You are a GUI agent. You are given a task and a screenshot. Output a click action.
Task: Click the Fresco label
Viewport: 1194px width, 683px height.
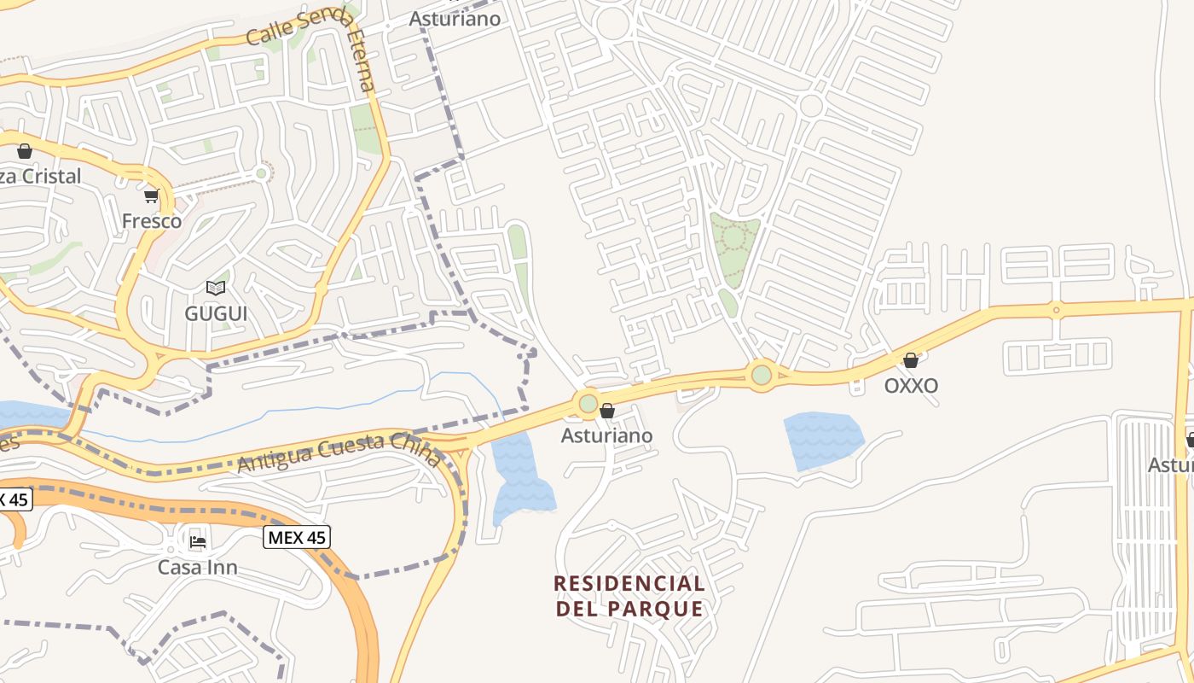point(152,221)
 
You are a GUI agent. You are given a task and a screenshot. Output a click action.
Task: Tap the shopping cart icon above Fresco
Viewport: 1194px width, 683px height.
point(152,197)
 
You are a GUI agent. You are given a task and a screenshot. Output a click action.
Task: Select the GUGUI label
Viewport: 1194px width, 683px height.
point(216,313)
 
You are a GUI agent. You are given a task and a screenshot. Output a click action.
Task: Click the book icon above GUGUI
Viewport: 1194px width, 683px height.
point(216,289)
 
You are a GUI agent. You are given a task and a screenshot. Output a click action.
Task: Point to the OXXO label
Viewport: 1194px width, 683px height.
point(911,385)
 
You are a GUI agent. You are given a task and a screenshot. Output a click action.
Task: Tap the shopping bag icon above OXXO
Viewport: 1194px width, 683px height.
point(911,360)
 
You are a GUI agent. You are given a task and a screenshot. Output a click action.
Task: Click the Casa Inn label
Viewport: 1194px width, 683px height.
point(198,567)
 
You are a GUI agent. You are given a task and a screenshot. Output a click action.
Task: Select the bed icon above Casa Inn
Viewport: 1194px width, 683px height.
point(198,541)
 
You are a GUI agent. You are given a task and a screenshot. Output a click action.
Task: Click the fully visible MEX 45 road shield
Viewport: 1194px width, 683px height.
point(296,537)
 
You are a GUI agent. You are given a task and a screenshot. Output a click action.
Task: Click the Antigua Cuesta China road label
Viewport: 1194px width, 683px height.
point(339,453)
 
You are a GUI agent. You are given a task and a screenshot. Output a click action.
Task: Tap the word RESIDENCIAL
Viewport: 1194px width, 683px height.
point(629,584)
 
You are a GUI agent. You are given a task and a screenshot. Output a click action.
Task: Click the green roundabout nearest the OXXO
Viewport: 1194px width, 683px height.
point(762,374)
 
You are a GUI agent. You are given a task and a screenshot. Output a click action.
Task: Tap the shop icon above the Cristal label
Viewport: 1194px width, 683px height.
point(25,151)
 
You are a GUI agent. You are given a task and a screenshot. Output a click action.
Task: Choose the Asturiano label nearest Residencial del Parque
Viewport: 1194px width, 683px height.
point(606,435)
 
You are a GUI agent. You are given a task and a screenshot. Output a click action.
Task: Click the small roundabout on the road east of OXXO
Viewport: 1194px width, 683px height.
point(1056,310)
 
